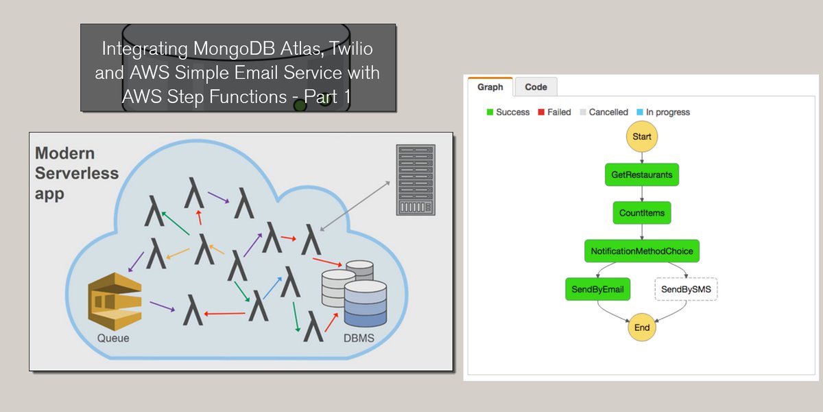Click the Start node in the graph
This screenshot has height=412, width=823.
point(642,136)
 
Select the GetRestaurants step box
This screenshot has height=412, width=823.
point(642,174)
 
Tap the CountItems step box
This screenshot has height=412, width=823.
point(642,213)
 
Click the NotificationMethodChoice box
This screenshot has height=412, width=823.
point(642,251)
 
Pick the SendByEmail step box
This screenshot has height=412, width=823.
point(597,290)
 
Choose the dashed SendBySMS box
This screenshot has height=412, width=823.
point(687,290)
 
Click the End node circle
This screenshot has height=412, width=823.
point(642,328)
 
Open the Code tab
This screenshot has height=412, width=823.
point(536,87)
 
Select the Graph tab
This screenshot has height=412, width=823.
point(490,87)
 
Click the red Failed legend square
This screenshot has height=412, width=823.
point(541,112)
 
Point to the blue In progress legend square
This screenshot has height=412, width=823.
point(640,112)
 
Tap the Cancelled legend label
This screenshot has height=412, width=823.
point(608,112)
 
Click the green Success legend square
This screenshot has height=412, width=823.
point(490,112)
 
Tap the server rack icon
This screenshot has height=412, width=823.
point(416,179)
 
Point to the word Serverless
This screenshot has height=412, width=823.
point(76,173)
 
